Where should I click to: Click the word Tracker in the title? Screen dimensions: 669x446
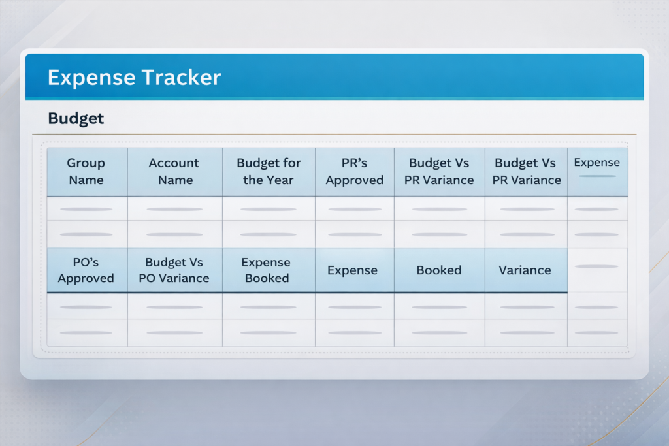click(x=182, y=77)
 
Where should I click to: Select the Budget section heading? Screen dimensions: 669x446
click(x=76, y=119)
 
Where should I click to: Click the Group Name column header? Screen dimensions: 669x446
click(x=86, y=171)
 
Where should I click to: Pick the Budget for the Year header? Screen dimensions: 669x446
click(x=269, y=171)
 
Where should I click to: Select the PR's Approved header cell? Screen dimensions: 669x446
click(x=355, y=171)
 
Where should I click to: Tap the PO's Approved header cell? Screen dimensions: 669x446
click(x=86, y=270)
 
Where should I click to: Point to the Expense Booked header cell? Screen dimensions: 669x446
click(x=267, y=270)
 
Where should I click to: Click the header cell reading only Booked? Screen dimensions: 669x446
click(x=439, y=270)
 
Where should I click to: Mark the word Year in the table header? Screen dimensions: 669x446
click(x=280, y=180)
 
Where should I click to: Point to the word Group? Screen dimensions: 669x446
click(x=86, y=163)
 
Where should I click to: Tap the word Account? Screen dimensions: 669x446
click(x=174, y=163)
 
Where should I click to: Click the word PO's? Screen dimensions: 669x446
click(x=86, y=262)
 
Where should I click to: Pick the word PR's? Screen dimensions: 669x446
click(x=355, y=163)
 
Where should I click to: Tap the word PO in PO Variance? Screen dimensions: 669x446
click(x=147, y=278)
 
